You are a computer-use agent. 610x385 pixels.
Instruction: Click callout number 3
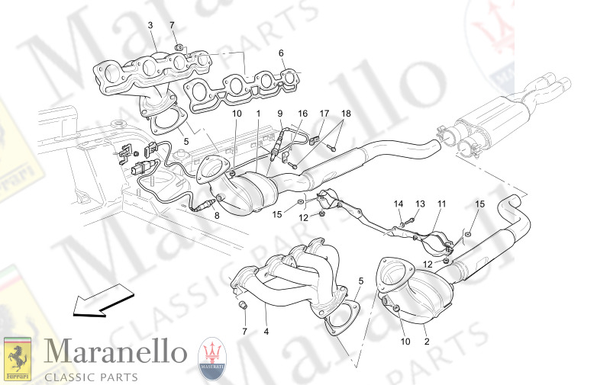[150, 25]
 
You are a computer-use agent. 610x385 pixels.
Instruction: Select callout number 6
[280, 53]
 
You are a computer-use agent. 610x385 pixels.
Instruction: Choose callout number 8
[216, 216]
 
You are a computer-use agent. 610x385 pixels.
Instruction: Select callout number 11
[441, 204]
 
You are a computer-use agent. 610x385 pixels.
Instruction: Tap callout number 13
[419, 204]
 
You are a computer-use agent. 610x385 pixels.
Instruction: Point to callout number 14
[398, 204]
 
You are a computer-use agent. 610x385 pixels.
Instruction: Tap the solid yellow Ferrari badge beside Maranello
[18, 358]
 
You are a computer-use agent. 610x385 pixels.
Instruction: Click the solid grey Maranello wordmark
[115, 352]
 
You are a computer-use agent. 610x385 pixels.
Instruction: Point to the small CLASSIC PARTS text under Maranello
[91, 376]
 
